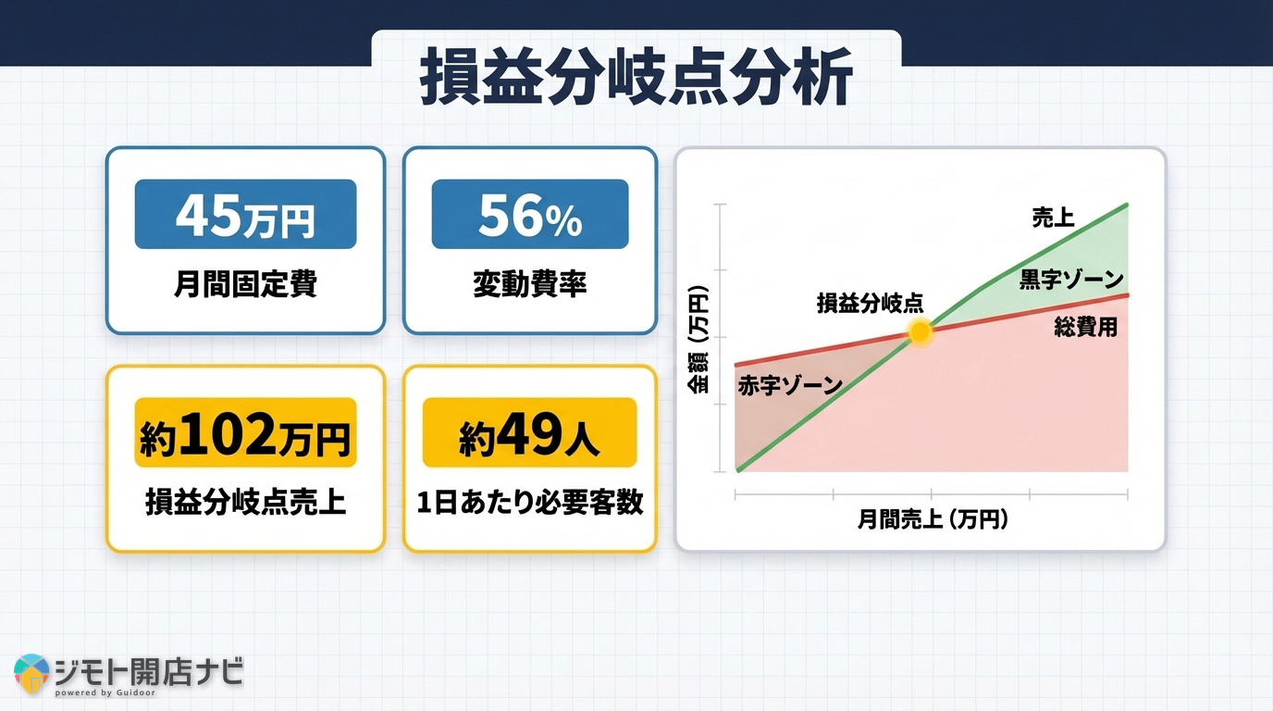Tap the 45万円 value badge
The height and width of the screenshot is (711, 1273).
(x=245, y=214)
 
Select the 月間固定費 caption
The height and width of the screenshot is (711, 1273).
(x=245, y=284)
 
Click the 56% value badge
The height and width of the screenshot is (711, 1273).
(x=530, y=214)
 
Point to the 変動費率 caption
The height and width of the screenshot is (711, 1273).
(x=530, y=284)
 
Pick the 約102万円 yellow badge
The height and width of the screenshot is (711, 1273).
(x=245, y=432)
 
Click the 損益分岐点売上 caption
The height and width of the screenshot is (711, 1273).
(x=245, y=502)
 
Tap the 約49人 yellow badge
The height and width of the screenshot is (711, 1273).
(x=530, y=432)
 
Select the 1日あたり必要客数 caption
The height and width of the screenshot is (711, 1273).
(x=530, y=502)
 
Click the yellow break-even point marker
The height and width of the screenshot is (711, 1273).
(x=920, y=333)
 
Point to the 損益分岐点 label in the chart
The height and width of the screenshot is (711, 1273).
(x=870, y=304)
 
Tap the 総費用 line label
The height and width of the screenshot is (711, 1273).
(x=1085, y=327)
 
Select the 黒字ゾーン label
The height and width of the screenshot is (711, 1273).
(x=1071, y=280)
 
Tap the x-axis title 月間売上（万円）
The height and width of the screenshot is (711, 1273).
(x=932, y=519)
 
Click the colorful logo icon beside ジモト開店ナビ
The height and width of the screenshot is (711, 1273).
(x=31, y=674)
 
